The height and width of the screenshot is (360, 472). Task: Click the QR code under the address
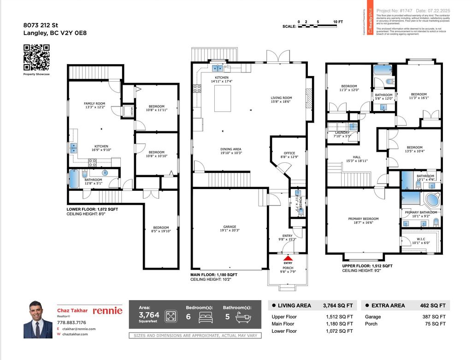[x=36, y=57]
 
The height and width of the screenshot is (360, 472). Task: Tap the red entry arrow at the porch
[x=288, y=259]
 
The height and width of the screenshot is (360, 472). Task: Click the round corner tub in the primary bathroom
[x=432, y=200]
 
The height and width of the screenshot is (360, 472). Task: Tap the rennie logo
[x=107, y=311]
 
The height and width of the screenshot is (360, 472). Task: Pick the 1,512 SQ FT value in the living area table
[x=340, y=317]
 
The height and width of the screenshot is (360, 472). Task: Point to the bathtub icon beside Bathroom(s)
[x=242, y=317]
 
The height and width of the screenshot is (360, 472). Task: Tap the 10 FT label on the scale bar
[x=338, y=22]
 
